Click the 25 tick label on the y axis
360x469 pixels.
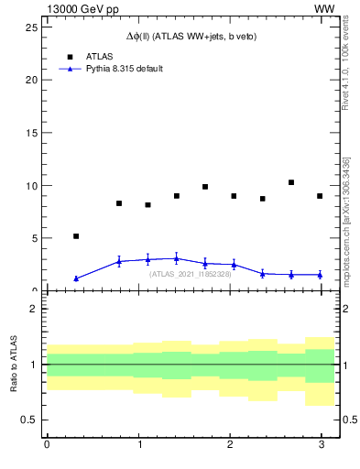click(x=31, y=27)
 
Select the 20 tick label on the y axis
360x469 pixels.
click(x=31, y=80)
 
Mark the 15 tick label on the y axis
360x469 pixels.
click(x=31, y=133)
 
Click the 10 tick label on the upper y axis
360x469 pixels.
click(x=31, y=185)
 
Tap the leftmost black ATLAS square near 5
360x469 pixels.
click(x=76, y=236)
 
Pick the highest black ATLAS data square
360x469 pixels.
click(x=291, y=182)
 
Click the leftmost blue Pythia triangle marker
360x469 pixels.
click(x=76, y=278)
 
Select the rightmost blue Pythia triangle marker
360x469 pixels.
click(x=320, y=275)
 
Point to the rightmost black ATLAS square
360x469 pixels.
click(x=320, y=196)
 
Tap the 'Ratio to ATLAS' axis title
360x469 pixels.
click(x=14, y=365)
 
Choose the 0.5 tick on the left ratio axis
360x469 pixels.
click(x=30, y=420)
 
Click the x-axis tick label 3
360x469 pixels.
click(x=321, y=445)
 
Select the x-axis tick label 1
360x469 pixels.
click(x=137, y=445)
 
